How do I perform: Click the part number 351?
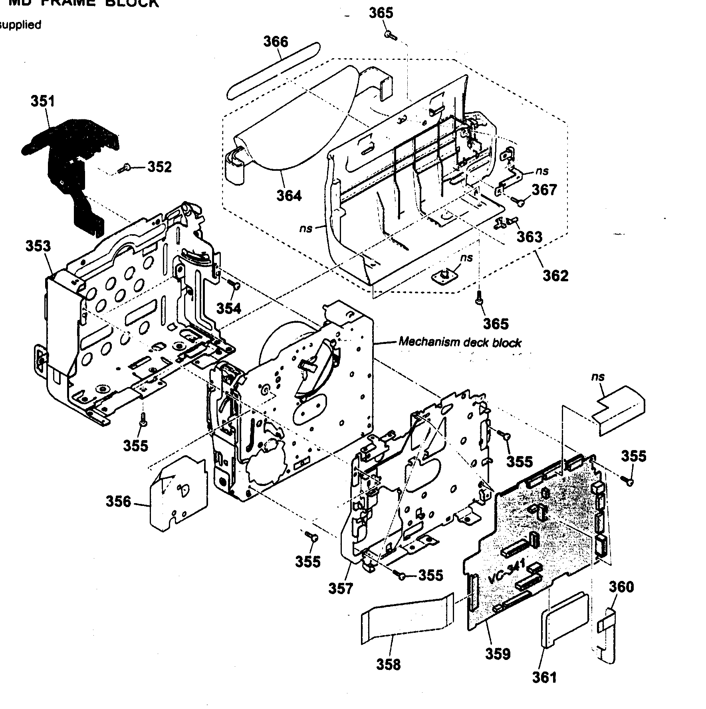(x=43, y=101)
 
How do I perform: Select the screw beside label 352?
(x=124, y=169)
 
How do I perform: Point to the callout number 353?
(x=38, y=246)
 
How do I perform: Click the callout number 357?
(x=341, y=589)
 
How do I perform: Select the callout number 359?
(x=498, y=654)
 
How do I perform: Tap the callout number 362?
(x=555, y=275)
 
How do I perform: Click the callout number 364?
(x=289, y=196)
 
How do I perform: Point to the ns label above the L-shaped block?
(x=598, y=377)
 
